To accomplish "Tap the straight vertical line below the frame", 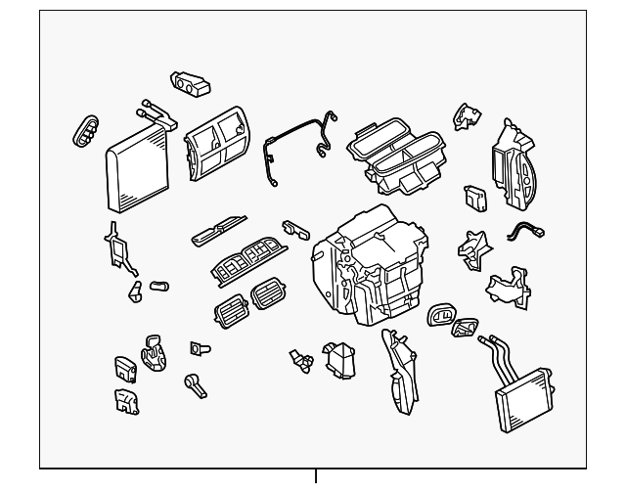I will tap(316, 480).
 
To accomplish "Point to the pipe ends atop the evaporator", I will tap(156, 113).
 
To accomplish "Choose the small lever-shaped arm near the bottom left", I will tap(196, 383).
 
